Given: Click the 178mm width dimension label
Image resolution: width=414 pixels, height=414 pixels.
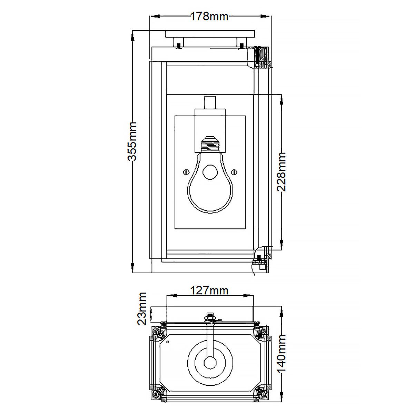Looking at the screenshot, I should point(209,16).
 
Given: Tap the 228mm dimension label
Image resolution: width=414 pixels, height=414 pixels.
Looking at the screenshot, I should point(282,171).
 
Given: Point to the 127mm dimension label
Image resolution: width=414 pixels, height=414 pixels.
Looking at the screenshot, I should point(209,291).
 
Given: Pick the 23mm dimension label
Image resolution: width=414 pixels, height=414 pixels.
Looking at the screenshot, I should point(142,308).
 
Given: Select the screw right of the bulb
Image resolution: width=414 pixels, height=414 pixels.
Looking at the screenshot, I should point(234,171).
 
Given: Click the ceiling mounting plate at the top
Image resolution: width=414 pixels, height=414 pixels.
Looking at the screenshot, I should point(210,34).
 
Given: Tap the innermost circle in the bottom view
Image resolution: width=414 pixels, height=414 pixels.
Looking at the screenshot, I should point(209,363).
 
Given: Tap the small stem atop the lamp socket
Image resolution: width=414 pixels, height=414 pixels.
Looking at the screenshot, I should point(209,102).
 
